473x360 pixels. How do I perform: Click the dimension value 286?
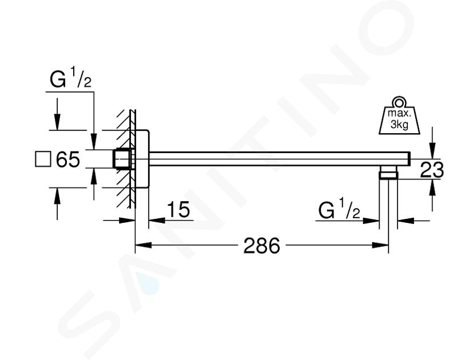click(x=261, y=245)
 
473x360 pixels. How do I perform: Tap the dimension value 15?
click(x=178, y=209)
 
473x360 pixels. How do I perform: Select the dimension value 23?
click(x=432, y=170)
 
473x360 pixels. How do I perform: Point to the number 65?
click(x=68, y=159)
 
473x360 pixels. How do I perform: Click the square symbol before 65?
click(x=43, y=159)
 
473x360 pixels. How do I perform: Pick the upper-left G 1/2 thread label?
click(x=70, y=78)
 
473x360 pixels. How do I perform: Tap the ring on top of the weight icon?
click(x=399, y=102)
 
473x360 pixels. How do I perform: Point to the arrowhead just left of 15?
click(x=157, y=221)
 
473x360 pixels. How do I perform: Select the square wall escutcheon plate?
click(x=142, y=159)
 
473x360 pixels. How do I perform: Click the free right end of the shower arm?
click(x=410, y=159)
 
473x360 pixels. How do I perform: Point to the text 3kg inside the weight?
click(x=399, y=124)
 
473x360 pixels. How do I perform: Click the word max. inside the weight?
click(x=399, y=114)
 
